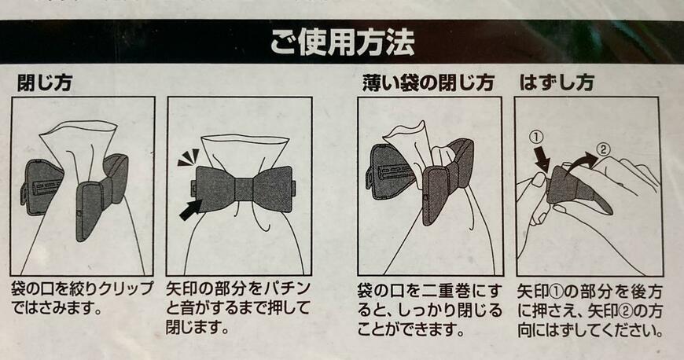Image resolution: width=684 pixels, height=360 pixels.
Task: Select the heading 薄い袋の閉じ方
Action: (x=428, y=82)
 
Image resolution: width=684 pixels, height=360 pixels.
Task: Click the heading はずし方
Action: (x=556, y=82)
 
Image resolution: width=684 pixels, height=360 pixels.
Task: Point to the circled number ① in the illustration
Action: (x=537, y=138)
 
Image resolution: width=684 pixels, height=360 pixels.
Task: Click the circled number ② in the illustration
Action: (x=602, y=147)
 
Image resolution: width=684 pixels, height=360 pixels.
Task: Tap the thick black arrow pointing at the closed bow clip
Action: (x=189, y=209)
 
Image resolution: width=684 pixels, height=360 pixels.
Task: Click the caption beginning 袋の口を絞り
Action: (x=83, y=297)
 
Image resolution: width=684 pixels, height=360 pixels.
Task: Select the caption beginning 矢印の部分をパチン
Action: (x=240, y=307)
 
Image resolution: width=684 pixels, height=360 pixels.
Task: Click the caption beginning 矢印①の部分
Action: (x=590, y=307)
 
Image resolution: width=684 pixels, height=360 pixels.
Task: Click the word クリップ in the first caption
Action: (x=126, y=288)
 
